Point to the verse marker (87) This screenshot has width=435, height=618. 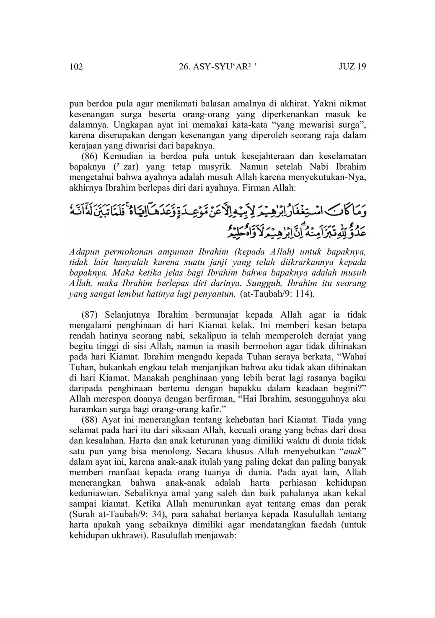[x=90, y=315]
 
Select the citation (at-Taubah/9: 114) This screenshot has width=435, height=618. [x=277, y=294]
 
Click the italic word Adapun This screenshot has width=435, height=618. [x=83, y=252]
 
